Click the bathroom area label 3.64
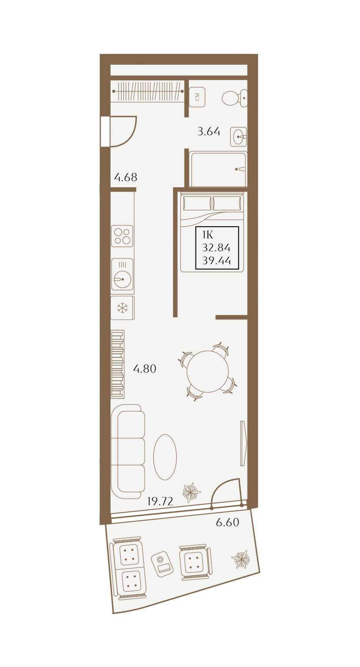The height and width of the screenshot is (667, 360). tap(208, 131)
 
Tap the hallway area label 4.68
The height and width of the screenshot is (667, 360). tap(126, 177)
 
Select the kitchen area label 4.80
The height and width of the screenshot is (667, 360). tap(145, 369)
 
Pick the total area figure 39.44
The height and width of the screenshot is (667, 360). tap(216, 261)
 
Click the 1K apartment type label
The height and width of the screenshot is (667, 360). tap(208, 235)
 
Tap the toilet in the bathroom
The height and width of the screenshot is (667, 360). tap(234, 97)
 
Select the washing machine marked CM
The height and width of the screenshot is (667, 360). tap(197, 97)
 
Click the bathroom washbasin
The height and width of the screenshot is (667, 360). tap(238, 137)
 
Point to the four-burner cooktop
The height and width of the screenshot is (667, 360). tap(122, 236)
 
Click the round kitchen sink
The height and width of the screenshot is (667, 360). tap(122, 274)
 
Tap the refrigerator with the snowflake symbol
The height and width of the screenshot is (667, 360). tap(122, 308)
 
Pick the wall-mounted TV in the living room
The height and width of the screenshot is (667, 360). tap(243, 443)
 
